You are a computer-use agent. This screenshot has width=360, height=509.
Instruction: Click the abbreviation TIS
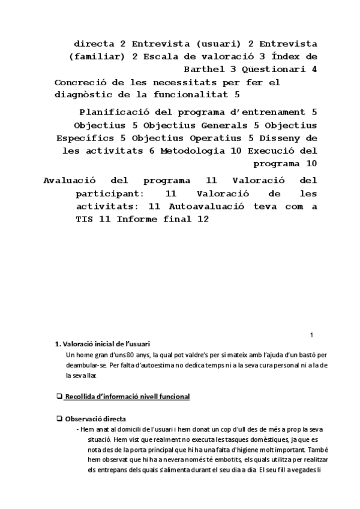point(87,219)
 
